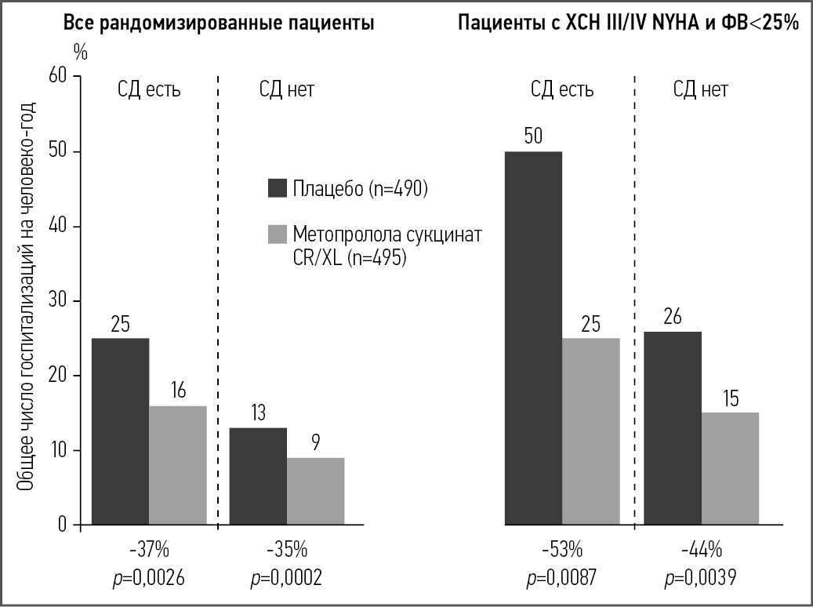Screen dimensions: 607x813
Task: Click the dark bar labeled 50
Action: click(533, 338)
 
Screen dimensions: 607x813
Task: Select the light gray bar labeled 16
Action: click(178, 465)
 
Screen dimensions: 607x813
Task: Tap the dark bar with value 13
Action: click(258, 476)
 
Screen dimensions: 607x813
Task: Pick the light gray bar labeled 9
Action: click(315, 491)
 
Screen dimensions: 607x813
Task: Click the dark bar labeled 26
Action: click(672, 428)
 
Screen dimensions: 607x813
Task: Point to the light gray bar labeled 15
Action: click(730, 469)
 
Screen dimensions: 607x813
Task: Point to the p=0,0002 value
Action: click(286, 579)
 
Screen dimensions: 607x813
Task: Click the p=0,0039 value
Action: click(699, 579)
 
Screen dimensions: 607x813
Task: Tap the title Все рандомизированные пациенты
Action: click(219, 23)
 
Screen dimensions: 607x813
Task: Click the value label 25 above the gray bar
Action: click(590, 323)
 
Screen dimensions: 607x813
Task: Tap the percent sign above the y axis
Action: click(81, 53)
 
